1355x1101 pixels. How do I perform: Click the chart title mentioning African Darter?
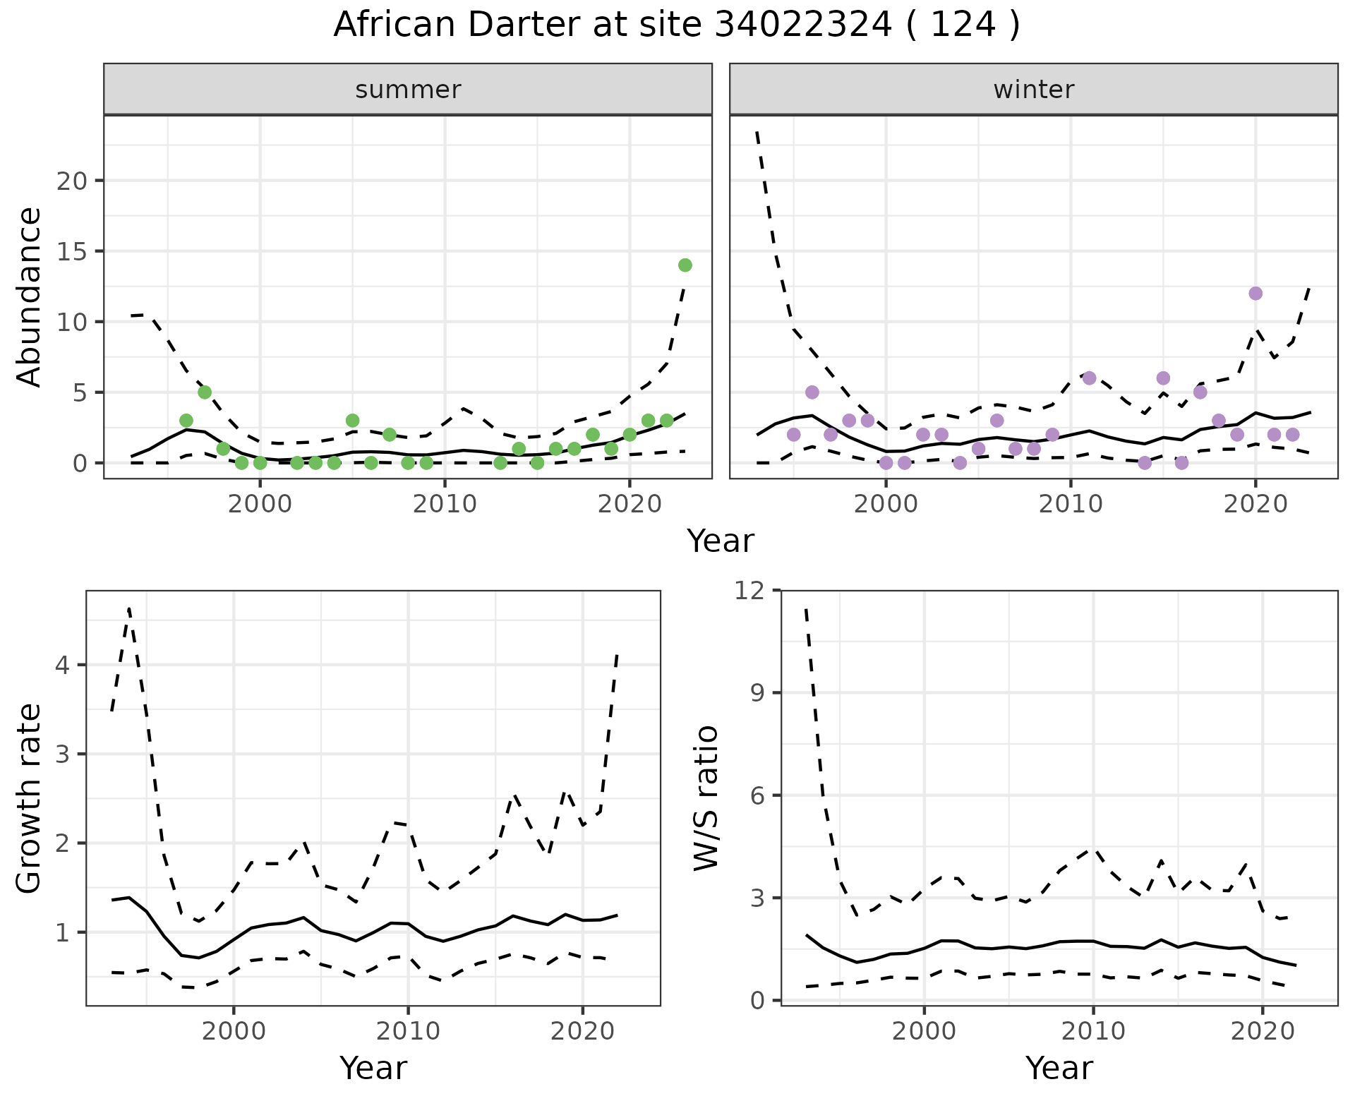(677, 25)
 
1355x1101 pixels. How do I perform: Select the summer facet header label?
(408, 90)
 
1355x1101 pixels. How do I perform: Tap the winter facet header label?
(1033, 90)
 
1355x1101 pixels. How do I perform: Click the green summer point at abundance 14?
(685, 265)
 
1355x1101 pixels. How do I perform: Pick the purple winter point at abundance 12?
(1255, 294)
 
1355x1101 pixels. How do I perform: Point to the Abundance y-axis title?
(30, 296)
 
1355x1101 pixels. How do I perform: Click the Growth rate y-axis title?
(30, 798)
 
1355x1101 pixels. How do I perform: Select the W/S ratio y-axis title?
(706, 798)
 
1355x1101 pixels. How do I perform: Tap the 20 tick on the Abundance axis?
(71, 181)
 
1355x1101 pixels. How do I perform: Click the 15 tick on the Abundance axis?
(71, 251)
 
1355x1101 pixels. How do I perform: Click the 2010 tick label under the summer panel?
(445, 505)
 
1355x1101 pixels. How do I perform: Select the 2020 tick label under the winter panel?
(1255, 505)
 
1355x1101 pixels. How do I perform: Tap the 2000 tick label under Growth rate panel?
(234, 1031)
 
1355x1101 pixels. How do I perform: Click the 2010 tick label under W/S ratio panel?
(1092, 1031)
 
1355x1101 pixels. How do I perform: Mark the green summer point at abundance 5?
(205, 392)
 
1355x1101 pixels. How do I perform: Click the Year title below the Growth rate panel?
(373, 1068)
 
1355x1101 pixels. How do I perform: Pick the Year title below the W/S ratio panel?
(1059, 1068)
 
